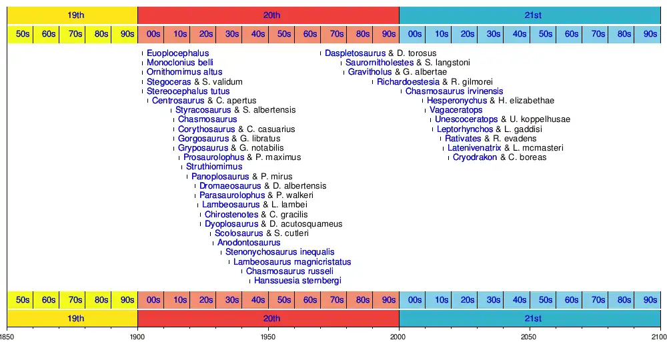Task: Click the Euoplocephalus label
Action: tap(177, 53)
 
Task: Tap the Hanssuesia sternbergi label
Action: tap(297, 281)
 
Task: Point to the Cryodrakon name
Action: tap(475, 157)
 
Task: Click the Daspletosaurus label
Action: tap(356, 53)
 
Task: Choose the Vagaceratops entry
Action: tap(456, 110)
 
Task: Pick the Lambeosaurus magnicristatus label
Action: tap(292, 262)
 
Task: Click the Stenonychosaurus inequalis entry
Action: tap(279, 252)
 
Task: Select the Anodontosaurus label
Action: tap(249, 243)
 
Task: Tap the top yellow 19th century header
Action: tap(72, 15)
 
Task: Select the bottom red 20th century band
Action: tap(268, 319)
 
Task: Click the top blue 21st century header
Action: tap(530, 15)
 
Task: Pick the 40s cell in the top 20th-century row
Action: tap(258, 34)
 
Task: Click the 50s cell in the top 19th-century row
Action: tap(23, 34)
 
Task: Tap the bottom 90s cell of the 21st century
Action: tap(650, 300)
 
